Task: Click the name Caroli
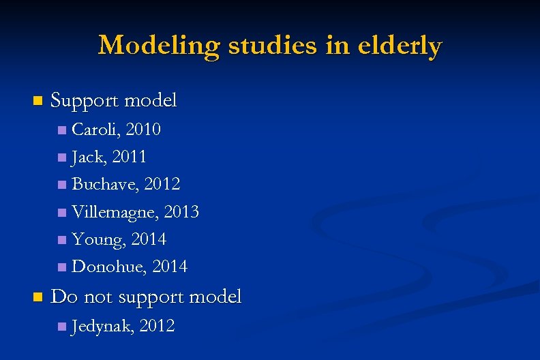95,129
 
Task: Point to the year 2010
143,129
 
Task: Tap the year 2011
129,157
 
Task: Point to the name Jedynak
102,327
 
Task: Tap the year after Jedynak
157,327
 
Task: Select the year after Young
149,239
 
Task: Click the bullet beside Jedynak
62,327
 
